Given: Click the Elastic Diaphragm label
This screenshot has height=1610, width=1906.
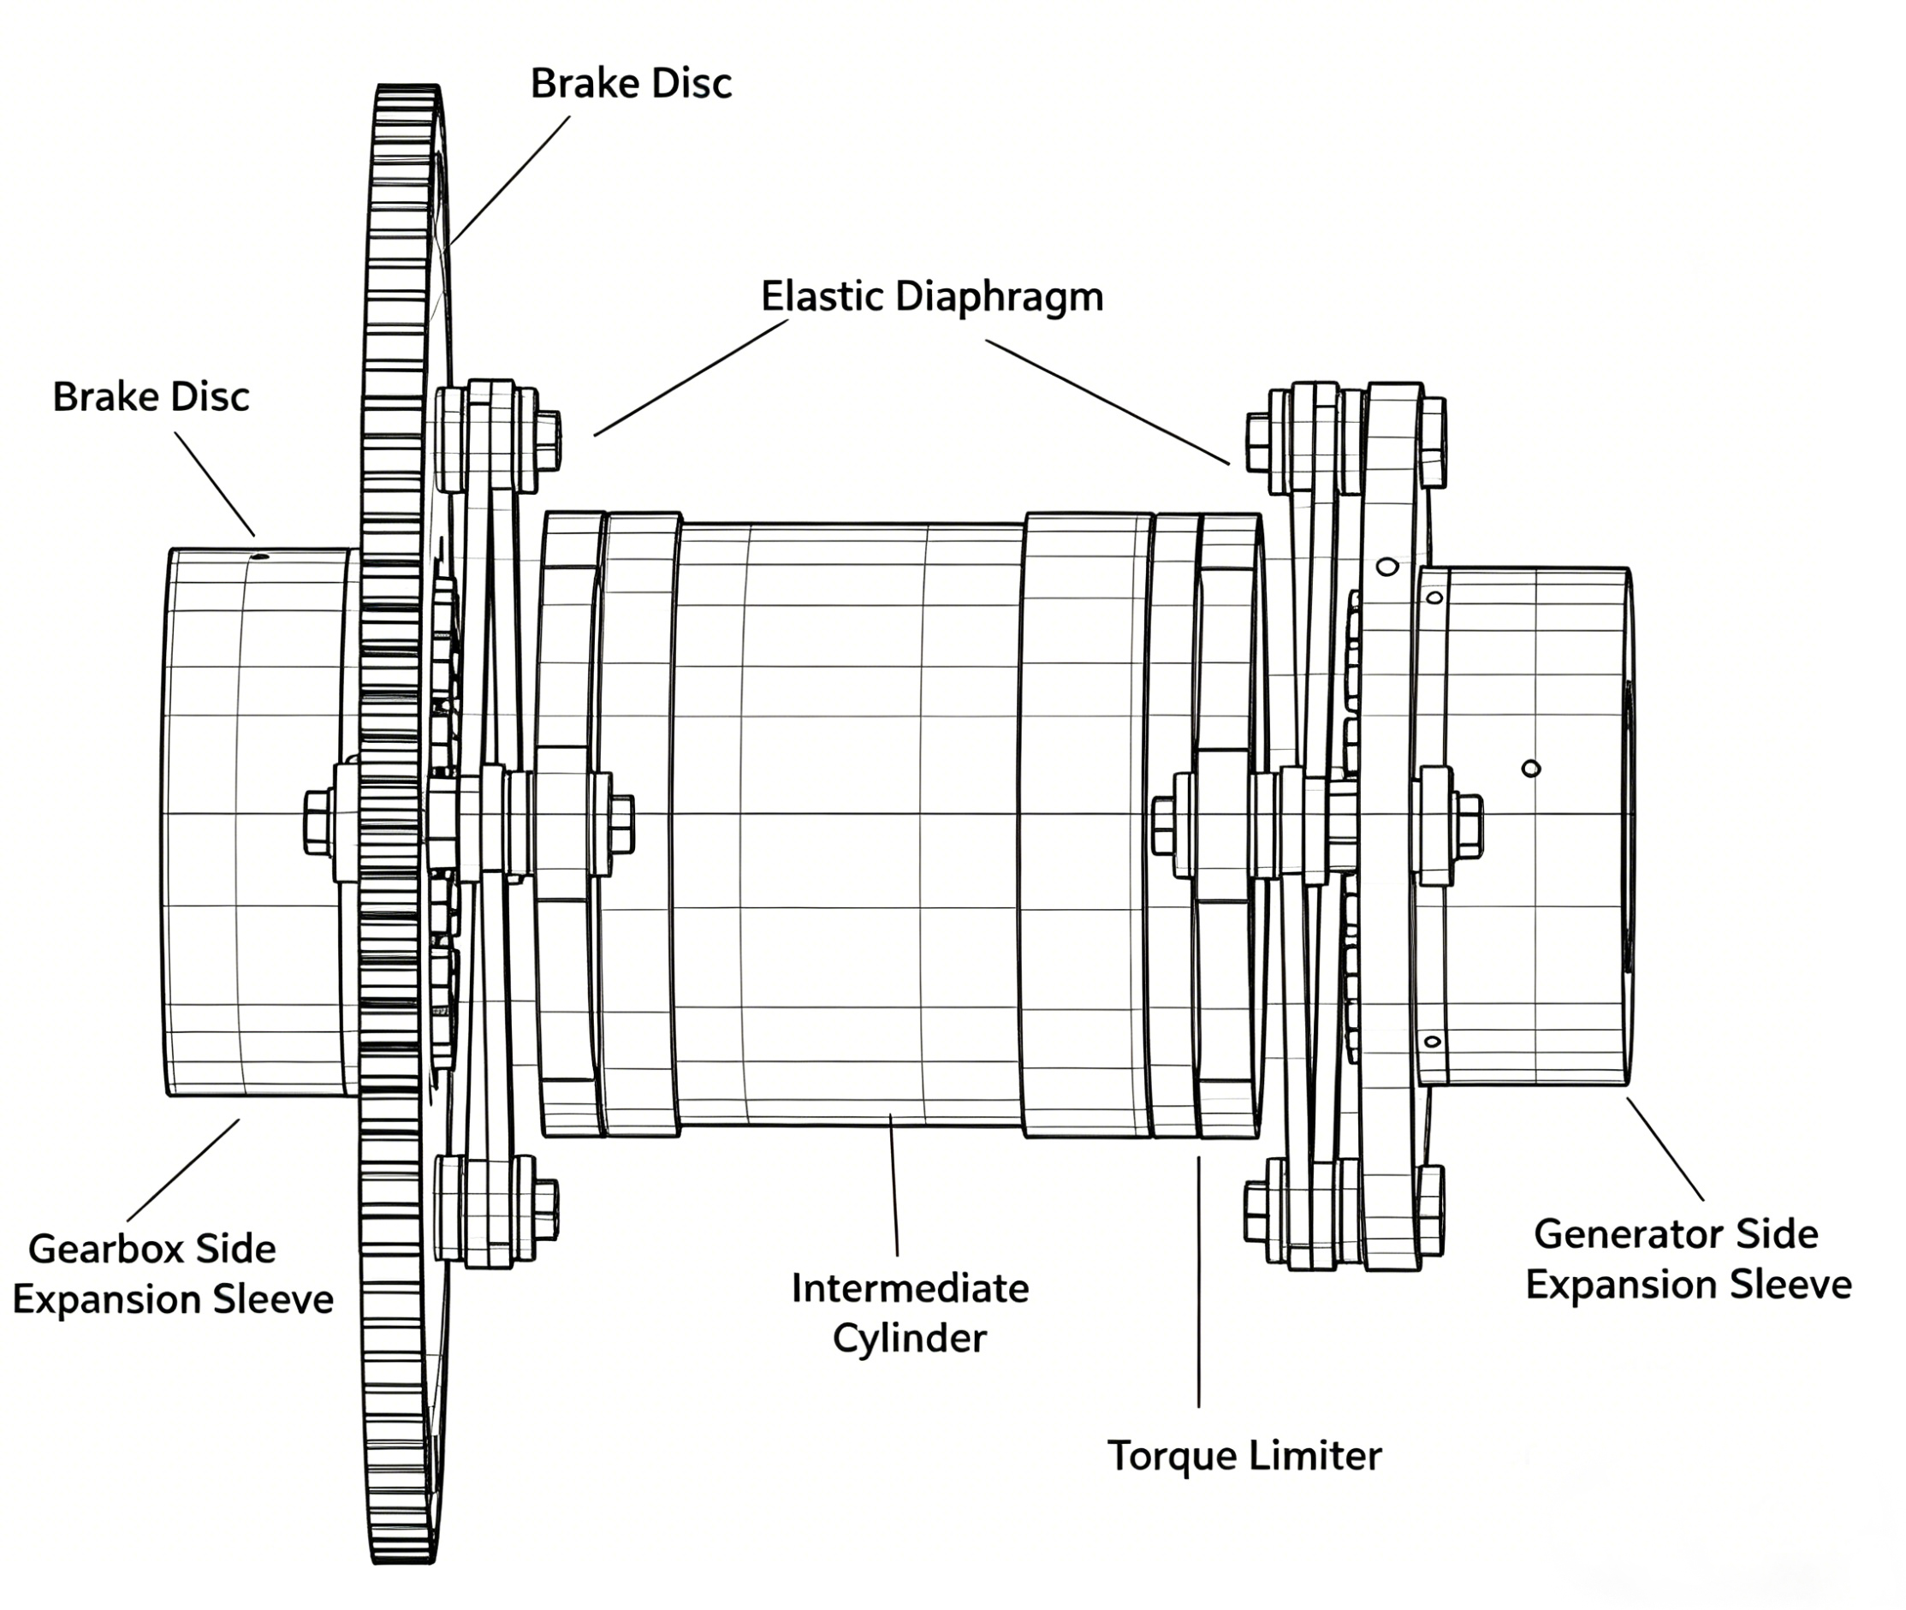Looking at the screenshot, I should click(x=931, y=298).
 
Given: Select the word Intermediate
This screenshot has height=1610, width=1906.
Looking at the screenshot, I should click(x=910, y=1289).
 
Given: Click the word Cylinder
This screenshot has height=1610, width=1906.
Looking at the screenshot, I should click(x=910, y=1339).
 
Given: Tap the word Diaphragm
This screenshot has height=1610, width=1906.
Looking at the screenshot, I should click(x=999, y=298).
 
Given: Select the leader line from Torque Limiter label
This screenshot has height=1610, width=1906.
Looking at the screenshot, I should click(x=1199, y=1278).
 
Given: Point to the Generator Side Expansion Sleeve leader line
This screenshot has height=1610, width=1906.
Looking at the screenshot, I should click(x=1666, y=1150).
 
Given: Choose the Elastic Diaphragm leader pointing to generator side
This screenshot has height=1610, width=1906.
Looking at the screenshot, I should click(x=1107, y=401).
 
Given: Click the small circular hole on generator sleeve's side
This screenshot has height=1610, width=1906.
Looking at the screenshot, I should click(x=1531, y=769).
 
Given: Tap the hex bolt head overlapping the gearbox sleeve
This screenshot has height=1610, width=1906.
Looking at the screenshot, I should click(x=318, y=823).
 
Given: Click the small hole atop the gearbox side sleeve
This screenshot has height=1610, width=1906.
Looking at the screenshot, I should click(x=260, y=555).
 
